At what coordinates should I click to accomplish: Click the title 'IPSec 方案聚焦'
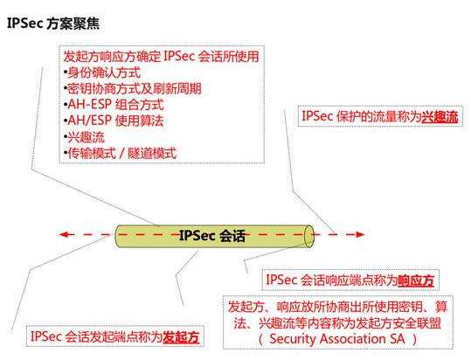point(52,24)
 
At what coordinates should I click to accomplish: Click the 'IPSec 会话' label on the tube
point(212,236)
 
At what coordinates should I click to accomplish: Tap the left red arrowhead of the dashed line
point(64,234)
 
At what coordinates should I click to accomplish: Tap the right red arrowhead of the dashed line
point(360,234)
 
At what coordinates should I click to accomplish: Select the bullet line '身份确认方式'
point(102,73)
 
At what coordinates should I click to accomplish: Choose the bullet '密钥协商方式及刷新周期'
point(133,89)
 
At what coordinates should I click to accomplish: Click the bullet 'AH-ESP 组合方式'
point(114,105)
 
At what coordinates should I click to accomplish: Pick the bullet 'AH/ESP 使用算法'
point(114,121)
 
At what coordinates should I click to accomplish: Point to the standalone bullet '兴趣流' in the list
point(84,137)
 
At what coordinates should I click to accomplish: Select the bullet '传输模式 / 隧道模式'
point(121,154)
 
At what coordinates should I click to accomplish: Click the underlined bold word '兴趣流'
point(440,117)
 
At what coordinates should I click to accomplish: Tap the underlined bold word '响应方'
point(416,280)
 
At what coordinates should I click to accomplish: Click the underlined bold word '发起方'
point(181,337)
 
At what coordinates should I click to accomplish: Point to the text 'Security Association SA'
point(337,339)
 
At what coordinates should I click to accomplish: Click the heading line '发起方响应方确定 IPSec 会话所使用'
point(161,57)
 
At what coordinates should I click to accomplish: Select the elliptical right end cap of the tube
point(309,236)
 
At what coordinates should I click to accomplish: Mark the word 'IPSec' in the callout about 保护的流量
point(317,116)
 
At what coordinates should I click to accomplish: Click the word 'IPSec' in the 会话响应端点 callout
point(281,280)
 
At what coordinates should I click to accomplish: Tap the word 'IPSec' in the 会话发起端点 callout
point(46,336)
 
